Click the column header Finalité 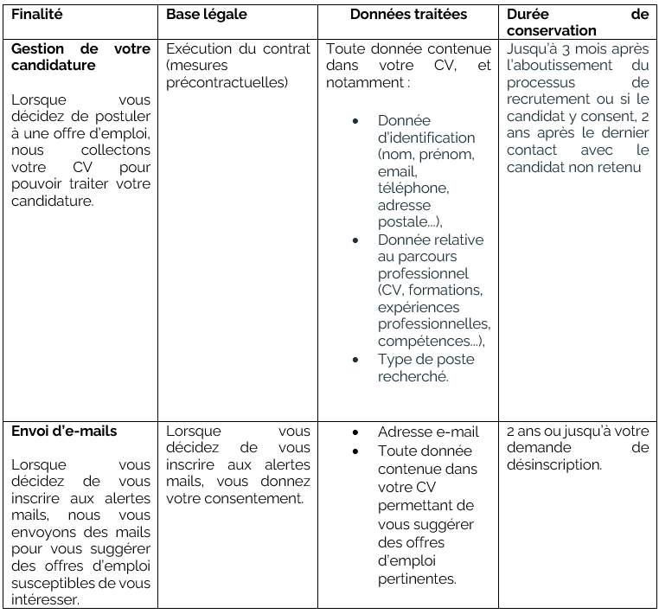click(x=37, y=15)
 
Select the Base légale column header click(x=207, y=15)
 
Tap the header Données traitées click(x=409, y=15)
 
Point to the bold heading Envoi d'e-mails click(x=65, y=431)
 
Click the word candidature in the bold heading click(x=54, y=65)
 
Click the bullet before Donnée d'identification click(x=355, y=121)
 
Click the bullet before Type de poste click(x=355, y=360)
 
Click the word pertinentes click(x=417, y=579)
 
